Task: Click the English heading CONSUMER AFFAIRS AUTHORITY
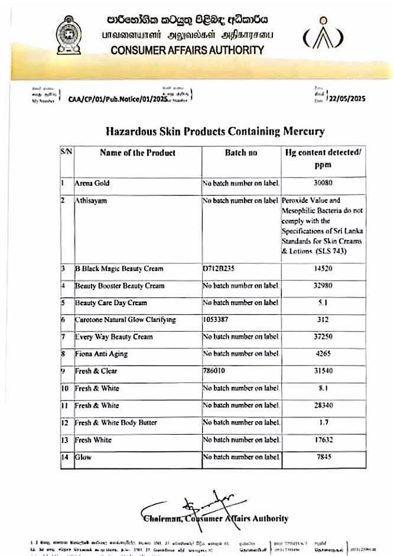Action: [187, 50]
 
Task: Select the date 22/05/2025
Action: [347, 99]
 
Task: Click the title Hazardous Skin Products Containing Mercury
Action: [215, 131]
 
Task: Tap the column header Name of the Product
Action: [138, 153]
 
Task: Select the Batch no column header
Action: [241, 153]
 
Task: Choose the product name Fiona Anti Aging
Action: [101, 354]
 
